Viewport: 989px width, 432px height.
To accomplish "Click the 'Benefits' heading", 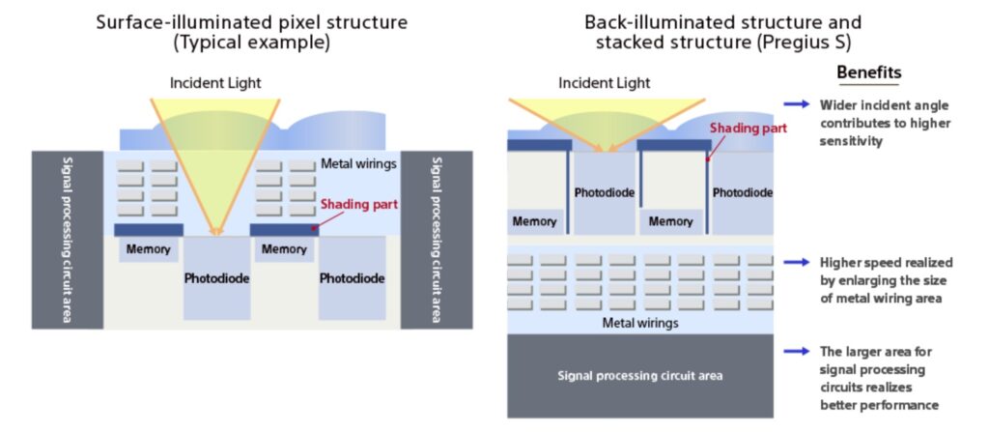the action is [x=868, y=72].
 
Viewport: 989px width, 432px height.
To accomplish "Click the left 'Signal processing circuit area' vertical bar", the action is [x=68, y=240].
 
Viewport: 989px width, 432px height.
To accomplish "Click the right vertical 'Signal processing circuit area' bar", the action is [x=437, y=240].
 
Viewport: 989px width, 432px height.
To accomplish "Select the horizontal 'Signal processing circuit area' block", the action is [x=640, y=376].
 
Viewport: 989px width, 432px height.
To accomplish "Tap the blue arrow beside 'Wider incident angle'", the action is [x=796, y=104].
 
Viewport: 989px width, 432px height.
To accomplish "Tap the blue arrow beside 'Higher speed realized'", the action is [x=796, y=262].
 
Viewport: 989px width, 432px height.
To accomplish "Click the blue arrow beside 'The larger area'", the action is [x=796, y=351].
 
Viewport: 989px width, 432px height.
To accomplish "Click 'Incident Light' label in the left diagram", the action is [x=215, y=83].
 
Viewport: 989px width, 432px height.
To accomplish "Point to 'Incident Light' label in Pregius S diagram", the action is [x=605, y=83].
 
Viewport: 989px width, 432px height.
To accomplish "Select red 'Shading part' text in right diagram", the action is [x=749, y=128].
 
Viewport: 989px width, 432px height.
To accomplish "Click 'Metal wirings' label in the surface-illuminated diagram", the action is [x=358, y=164].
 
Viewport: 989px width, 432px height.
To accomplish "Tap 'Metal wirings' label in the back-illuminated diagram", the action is [x=640, y=324].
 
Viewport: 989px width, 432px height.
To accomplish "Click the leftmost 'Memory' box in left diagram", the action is [x=148, y=248].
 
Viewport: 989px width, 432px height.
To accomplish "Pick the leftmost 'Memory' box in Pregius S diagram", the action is [x=535, y=221].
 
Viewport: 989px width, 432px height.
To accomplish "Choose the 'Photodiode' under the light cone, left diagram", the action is [x=216, y=278].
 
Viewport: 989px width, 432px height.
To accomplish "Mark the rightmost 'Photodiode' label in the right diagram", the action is [x=743, y=192].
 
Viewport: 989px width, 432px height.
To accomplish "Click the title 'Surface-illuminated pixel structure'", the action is [x=252, y=22].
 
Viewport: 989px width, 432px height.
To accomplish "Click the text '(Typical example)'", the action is [x=252, y=43].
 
